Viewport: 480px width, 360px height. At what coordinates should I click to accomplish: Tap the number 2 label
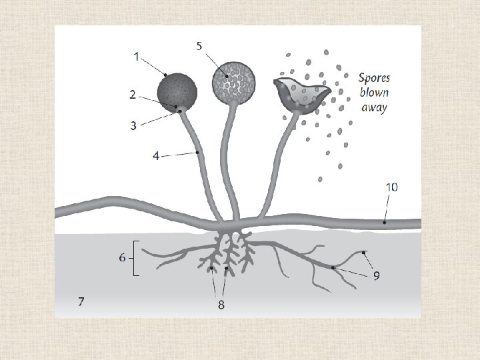coord(133,95)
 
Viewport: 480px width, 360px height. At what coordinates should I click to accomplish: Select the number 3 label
coord(134,125)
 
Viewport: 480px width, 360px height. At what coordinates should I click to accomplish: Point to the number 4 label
coord(156,157)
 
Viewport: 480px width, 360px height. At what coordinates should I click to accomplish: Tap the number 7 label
coord(81,301)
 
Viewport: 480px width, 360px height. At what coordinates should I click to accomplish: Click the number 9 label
coord(377,275)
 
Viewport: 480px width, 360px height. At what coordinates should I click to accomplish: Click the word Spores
coord(374,78)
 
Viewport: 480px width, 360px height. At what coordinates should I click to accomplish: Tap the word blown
coord(375,92)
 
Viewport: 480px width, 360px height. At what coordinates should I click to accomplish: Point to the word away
coord(374,107)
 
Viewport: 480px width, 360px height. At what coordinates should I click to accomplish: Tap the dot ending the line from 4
coord(198,153)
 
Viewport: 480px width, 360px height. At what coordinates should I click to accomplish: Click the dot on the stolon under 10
coord(385,223)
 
